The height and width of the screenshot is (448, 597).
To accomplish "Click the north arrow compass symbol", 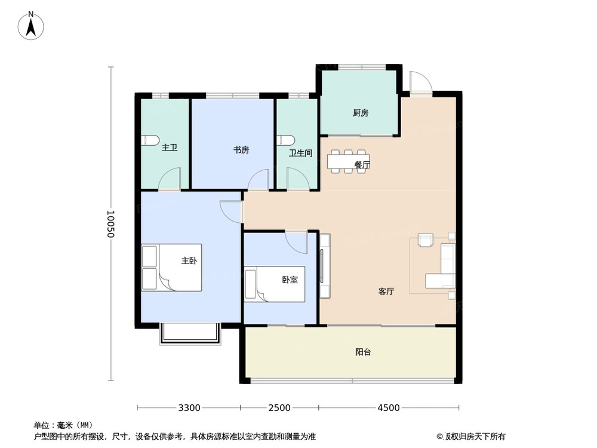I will click(32, 27).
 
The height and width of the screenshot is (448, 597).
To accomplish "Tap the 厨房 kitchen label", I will click(360, 112).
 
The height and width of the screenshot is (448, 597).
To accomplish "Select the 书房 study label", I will click(241, 150).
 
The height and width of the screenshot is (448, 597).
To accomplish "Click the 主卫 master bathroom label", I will click(170, 148).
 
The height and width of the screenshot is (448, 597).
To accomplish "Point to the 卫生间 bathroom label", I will click(301, 153).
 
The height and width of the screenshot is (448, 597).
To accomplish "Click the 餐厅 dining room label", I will click(362, 165).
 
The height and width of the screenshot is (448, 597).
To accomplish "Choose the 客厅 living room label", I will click(386, 291).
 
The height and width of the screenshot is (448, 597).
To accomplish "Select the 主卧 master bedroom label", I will click(189, 261).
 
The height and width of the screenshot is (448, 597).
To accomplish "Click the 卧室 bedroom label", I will click(290, 280).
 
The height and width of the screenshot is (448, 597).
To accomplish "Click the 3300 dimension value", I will click(189, 408).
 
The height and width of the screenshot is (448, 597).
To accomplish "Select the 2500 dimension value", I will click(279, 408).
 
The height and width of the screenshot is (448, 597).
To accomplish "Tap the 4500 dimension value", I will click(388, 408).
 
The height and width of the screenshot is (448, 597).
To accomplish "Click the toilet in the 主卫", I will click(150, 140).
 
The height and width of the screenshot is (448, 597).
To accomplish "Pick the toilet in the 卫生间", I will click(285, 140).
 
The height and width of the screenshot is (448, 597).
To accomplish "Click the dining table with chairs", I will click(347, 161).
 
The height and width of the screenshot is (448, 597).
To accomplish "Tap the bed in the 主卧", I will click(172, 267).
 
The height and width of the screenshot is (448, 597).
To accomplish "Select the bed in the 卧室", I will click(275, 284).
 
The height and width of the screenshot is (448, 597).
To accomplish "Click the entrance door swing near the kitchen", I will click(419, 82).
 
